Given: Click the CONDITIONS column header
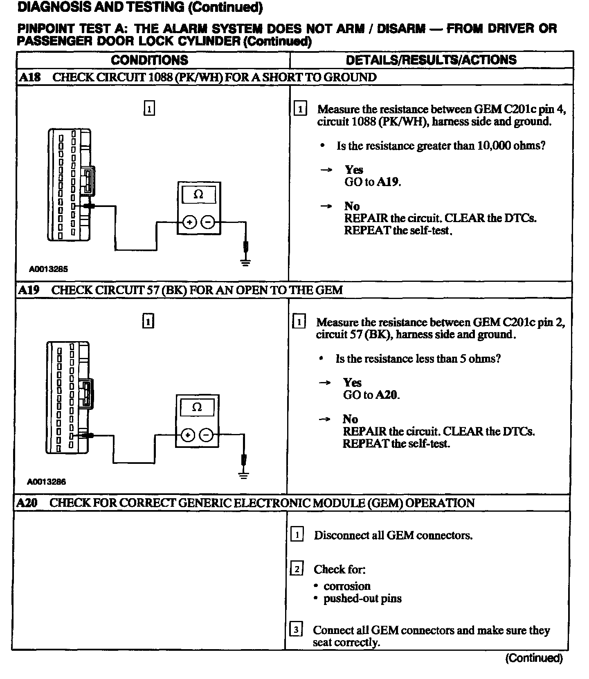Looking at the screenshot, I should click(x=149, y=60).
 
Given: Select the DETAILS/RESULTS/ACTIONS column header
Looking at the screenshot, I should click(x=431, y=60).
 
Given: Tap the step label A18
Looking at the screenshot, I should click(x=29, y=77).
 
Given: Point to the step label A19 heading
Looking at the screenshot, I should click(x=29, y=290).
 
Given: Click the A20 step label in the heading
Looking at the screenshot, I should click(x=27, y=503).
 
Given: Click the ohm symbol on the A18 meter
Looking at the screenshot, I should click(x=198, y=195).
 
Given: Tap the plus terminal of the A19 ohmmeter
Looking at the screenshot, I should click(x=187, y=435).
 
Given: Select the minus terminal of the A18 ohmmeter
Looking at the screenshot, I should click(x=208, y=223).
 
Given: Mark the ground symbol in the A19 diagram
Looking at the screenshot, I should click(x=244, y=474).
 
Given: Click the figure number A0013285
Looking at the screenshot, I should click(x=48, y=269).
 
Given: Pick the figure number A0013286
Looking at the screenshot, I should click(x=47, y=482).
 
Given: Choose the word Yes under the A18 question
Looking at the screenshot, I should click(x=354, y=170).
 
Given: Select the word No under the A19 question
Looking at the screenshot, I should click(x=350, y=419).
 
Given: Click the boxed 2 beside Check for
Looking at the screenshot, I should click(x=297, y=569).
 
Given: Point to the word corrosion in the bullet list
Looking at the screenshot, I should click(x=347, y=586).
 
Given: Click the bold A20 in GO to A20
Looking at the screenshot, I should click(x=387, y=395).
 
